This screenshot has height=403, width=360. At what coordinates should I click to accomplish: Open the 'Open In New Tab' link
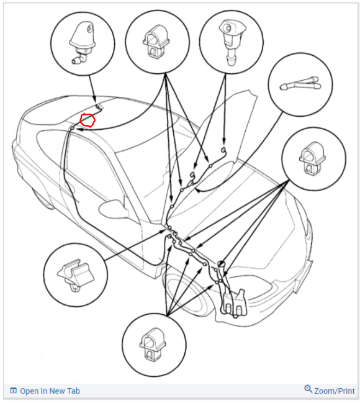50,391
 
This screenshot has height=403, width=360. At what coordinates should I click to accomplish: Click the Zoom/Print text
335,391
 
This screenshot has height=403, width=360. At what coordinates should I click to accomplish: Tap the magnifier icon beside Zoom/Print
308,389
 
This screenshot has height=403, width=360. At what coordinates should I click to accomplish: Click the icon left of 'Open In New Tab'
13,391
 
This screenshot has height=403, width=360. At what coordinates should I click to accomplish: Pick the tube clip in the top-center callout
156,41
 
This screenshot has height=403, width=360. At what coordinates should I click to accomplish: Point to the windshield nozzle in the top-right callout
231,42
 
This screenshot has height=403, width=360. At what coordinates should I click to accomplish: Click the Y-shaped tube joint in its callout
300,83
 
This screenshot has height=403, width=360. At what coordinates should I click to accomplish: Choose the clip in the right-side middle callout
312,158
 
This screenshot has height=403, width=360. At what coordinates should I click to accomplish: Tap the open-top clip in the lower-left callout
75,276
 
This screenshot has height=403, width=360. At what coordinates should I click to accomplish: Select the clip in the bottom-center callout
153,345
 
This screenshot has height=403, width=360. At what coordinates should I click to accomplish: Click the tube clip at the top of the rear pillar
72,128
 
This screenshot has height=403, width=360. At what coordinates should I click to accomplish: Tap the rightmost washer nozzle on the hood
223,149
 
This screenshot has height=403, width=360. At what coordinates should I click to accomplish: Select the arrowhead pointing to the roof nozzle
94,100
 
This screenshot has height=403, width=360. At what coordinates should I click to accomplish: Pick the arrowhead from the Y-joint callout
197,190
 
